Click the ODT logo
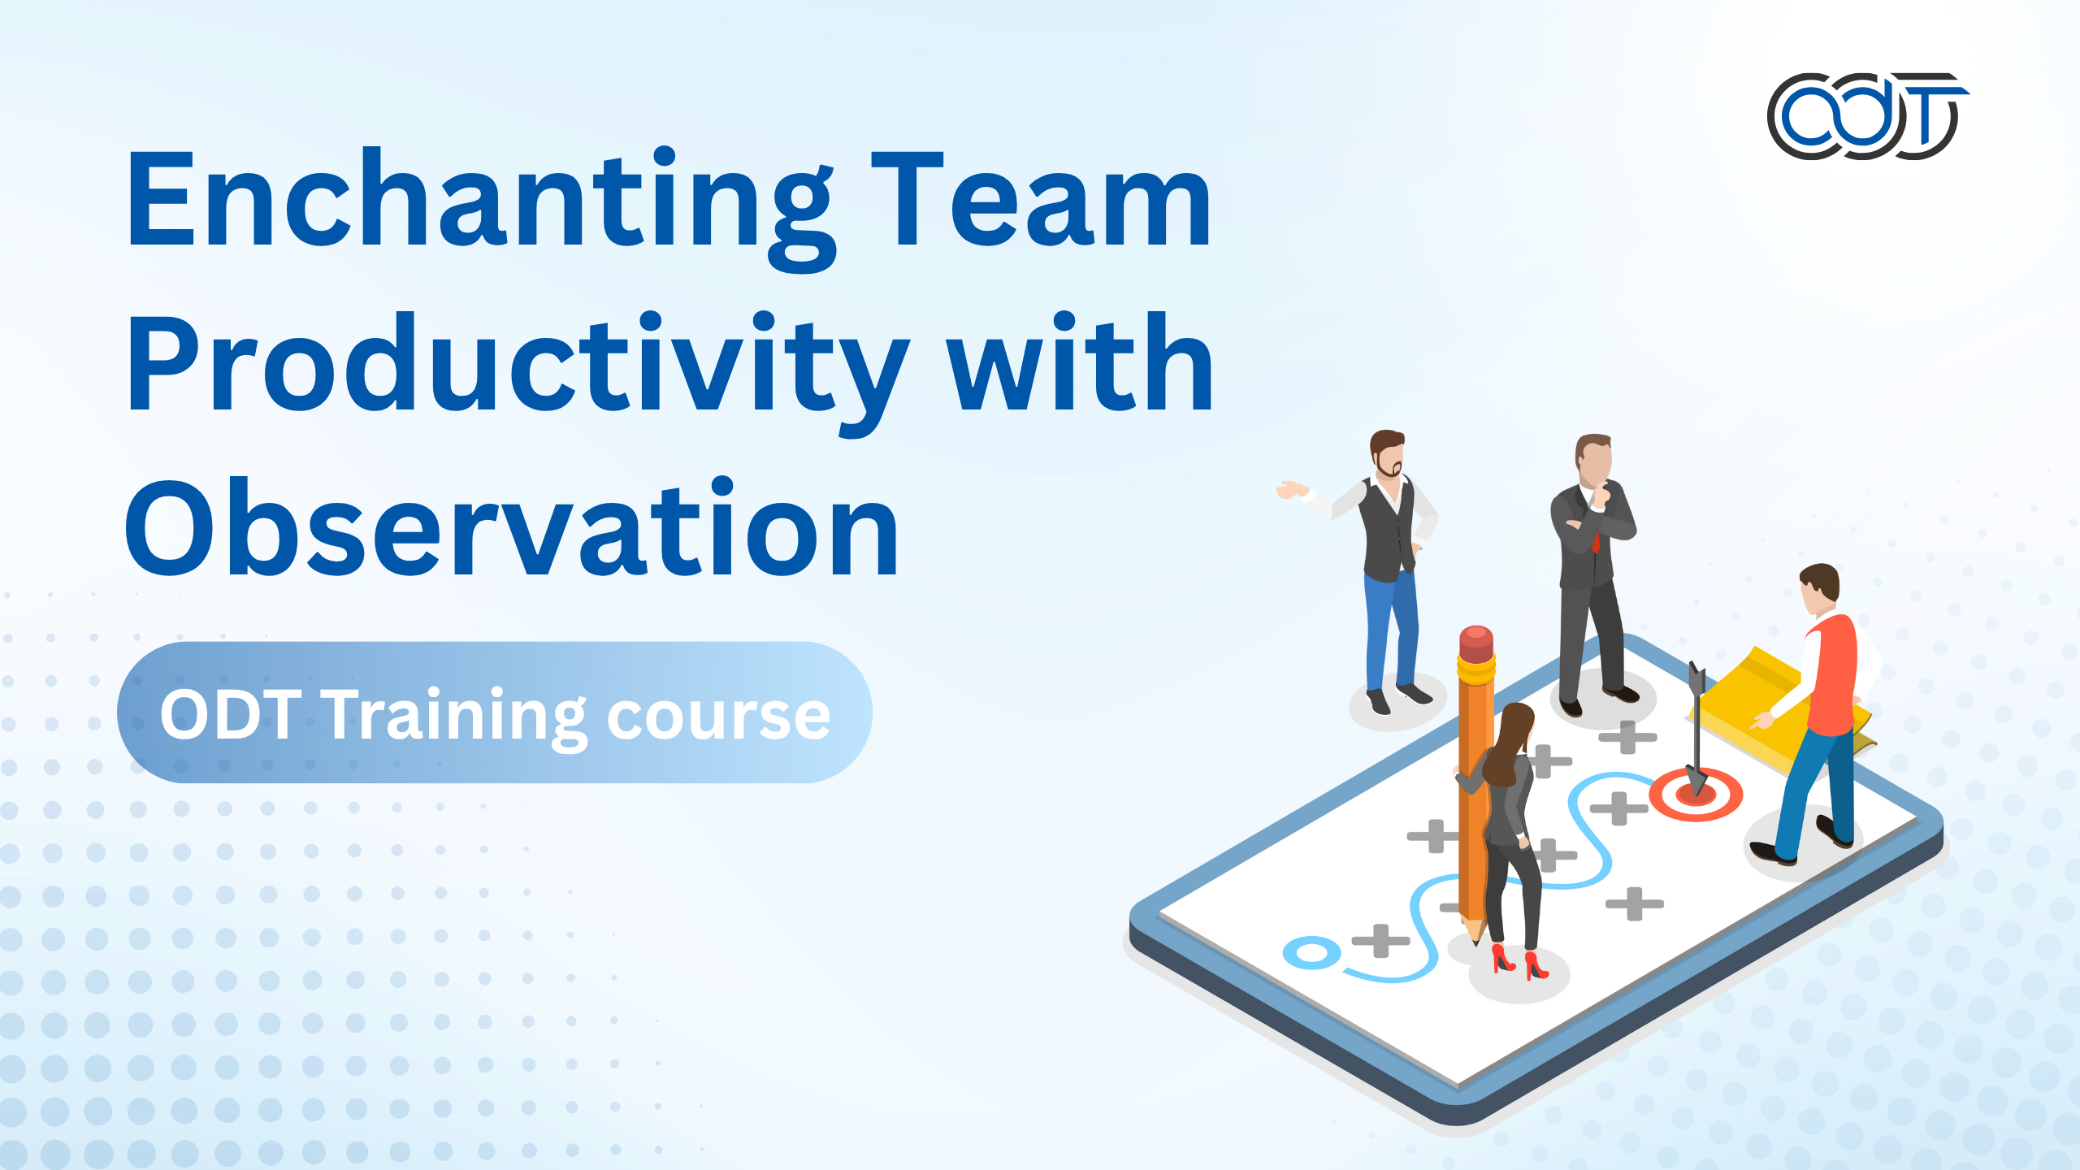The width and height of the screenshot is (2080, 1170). tap(1865, 115)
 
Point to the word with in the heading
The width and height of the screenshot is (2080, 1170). tap(1081, 364)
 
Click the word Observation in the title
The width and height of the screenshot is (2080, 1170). tap(512, 528)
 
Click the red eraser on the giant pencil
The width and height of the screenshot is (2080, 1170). tap(1475, 643)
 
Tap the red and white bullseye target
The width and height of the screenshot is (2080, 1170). tap(1696, 795)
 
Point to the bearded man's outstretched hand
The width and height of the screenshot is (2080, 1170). tap(1290, 490)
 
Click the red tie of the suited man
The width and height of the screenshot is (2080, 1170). tap(1596, 539)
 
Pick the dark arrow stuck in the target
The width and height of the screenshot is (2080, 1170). tap(1696, 723)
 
